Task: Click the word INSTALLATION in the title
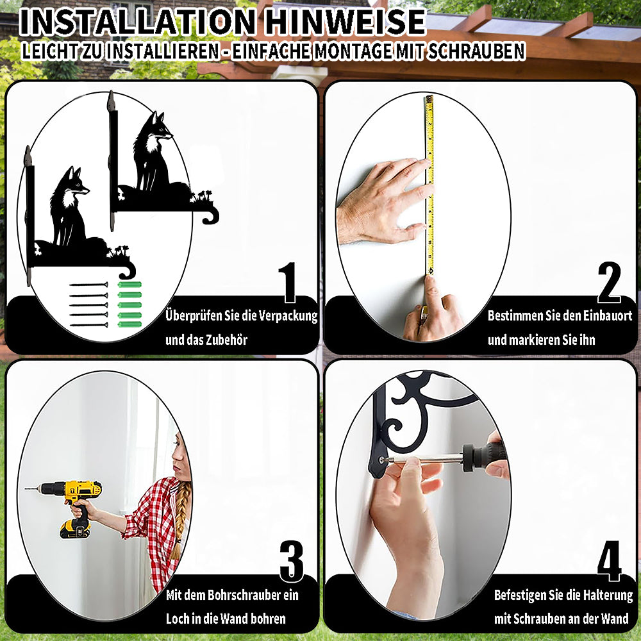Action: (x=137, y=22)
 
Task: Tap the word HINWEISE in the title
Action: (x=345, y=22)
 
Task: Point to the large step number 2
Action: (x=609, y=282)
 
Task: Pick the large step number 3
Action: (x=292, y=561)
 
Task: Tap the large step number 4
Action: (x=609, y=561)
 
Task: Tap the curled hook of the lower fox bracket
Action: (x=128, y=271)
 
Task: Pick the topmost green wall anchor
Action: (x=129, y=285)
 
